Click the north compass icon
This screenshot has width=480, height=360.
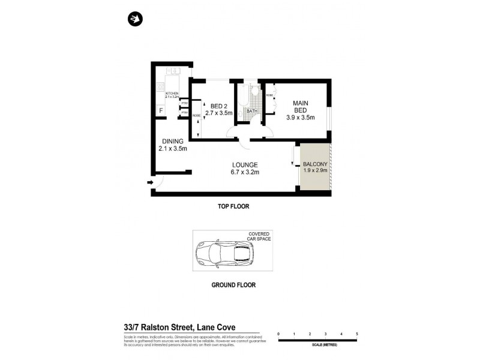coord(135,19)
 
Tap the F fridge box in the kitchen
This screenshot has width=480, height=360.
coord(161,110)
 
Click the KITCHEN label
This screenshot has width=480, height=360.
coord(172,93)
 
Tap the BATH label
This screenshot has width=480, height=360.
coord(251,111)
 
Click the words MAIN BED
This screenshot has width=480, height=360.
coord(300,107)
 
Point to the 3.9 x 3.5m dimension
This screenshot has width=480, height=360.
coord(300,118)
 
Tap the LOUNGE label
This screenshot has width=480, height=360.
coord(245,165)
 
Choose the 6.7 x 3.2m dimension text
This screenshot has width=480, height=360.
coord(245,173)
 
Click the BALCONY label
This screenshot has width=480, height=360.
coord(315,164)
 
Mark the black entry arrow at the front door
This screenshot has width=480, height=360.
coord(148,183)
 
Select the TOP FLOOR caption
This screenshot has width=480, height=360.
coord(233,206)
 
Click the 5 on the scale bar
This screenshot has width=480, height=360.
coord(357,334)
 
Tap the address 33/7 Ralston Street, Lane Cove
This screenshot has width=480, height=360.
coord(178,327)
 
